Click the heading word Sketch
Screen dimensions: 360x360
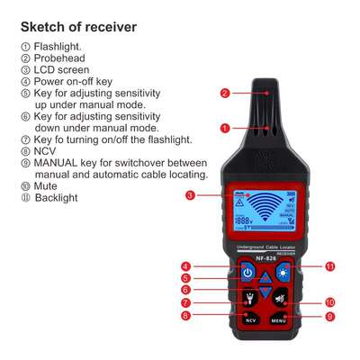click(44, 27)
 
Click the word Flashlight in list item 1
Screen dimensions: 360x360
click(58, 47)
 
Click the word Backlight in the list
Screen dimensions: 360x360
click(57, 197)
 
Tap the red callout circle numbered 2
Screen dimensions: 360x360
click(225, 92)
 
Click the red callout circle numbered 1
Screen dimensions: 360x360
click(225, 128)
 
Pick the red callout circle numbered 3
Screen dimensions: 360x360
click(191, 195)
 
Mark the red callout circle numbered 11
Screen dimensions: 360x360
click(329, 266)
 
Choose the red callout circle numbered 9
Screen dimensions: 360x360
click(329, 317)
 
